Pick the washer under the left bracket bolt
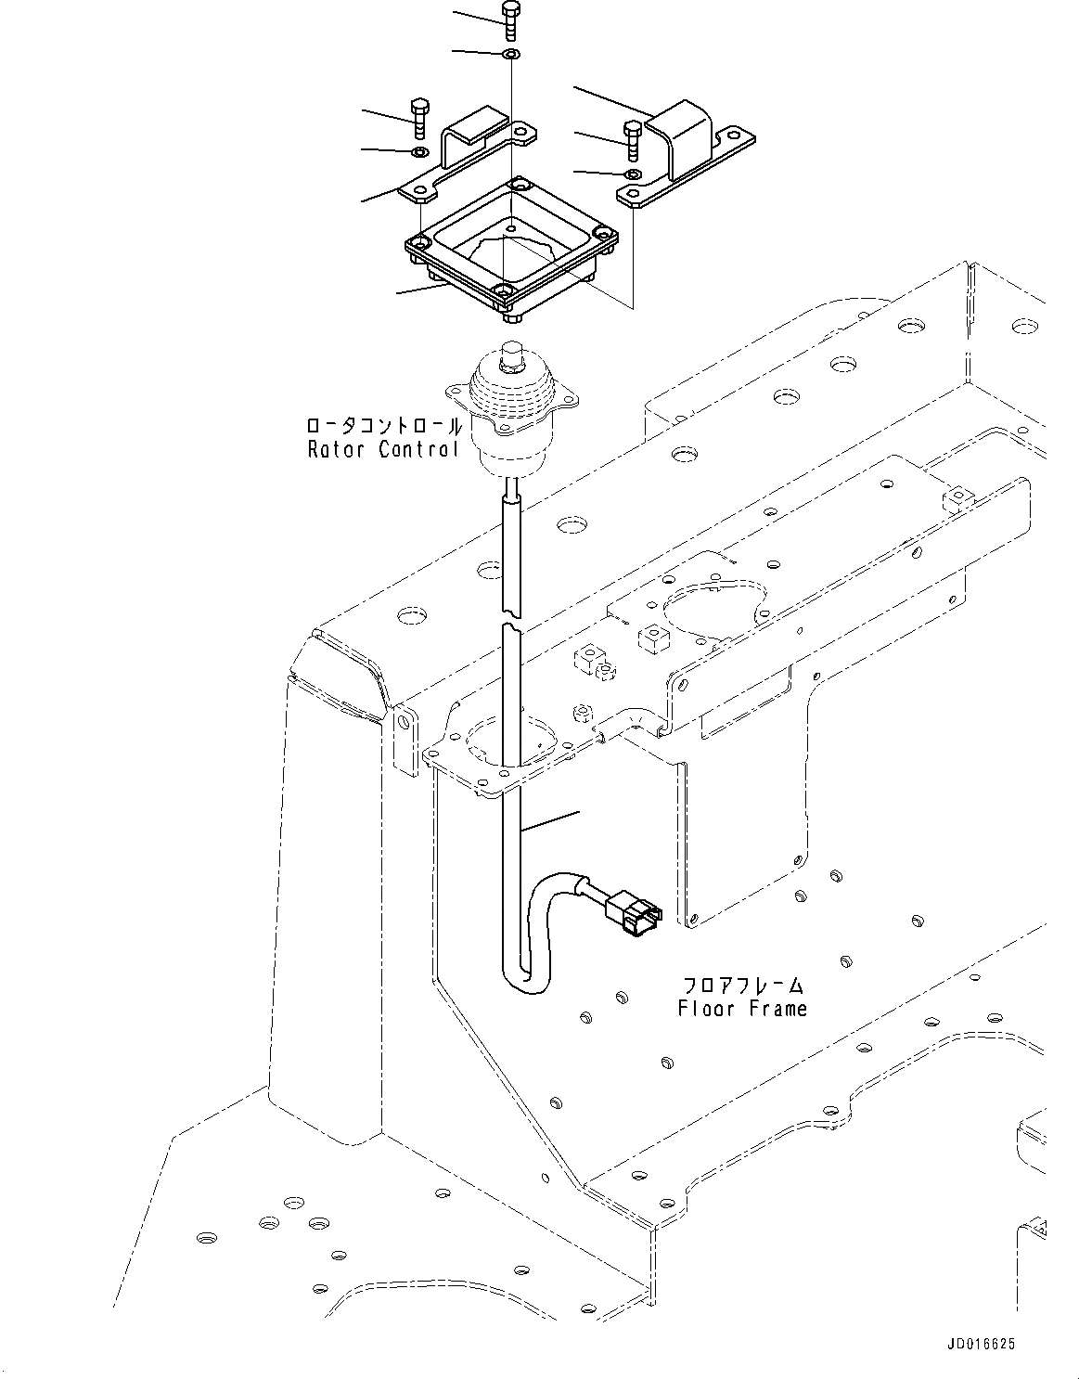coord(419,151)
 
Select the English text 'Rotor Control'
coord(383,450)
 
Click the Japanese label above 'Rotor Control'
coord(383,427)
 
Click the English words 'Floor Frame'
coord(742,1008)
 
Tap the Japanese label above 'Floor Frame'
coord(742,986)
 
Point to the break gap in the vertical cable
coord(511,619)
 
